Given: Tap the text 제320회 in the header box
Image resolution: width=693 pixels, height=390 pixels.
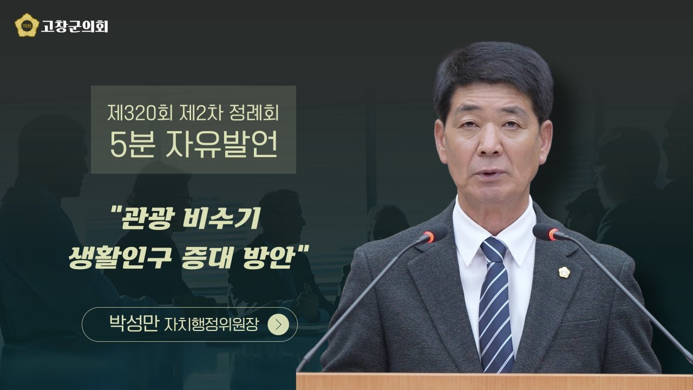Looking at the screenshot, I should pyautogui.click(x=133, y=114).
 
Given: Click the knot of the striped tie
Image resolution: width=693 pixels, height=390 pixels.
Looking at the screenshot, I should pyautogui.click(x=492, y=250).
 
